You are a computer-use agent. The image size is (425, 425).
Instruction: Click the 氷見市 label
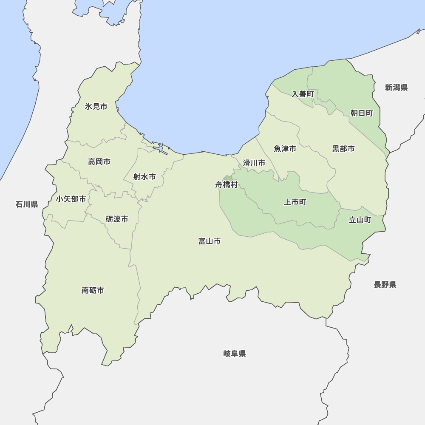point(96,106)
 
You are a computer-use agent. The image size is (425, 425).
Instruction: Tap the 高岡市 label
point(99,161)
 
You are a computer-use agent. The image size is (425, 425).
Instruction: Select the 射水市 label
point(144,177)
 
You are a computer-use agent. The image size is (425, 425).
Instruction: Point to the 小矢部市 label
point(71,199)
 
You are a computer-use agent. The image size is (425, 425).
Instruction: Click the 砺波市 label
point(117,219)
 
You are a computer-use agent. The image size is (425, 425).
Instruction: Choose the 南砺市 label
point(93,291)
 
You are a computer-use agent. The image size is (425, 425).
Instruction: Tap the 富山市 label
point(210,241)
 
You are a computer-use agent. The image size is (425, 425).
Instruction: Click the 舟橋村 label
point(227,185)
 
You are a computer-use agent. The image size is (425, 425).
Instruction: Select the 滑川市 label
point(254,163)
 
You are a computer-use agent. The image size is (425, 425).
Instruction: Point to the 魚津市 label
point(285,149)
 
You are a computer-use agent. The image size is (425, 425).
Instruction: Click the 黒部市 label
point(343,149)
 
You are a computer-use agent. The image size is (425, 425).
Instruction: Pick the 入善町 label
point(303,94)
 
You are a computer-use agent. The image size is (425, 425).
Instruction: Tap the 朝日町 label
point(362,113)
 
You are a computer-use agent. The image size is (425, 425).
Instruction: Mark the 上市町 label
point(295,202)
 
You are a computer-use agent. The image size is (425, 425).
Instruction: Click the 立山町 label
point(360,220)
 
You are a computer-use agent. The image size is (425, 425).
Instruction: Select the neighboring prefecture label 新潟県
point(397,88)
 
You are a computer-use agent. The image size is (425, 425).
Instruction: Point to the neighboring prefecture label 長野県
point(385,285)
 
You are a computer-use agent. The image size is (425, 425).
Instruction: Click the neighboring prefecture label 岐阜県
point(235,354)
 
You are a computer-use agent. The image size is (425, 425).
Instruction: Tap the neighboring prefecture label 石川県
point(27,205)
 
